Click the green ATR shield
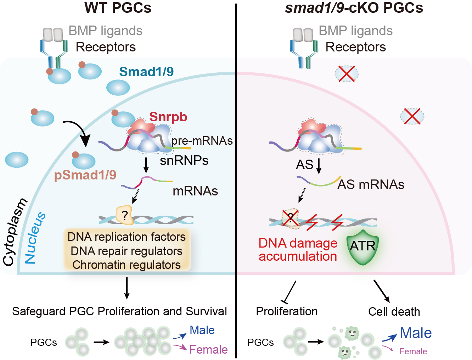click(362, 247)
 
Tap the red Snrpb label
click(168, 117)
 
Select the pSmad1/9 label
click(85, 175)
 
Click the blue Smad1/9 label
click(146, 72)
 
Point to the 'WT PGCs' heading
click(118, 8)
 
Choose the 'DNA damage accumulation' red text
click(298, 249)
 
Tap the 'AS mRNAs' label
click(371, 184)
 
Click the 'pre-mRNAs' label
click(202, 141)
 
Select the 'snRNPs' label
click(184, 161)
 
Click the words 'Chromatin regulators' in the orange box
click(127, 265)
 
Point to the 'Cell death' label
click(394, 311)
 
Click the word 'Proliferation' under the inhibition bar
click(287, 311)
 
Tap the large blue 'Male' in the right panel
click(416, 333)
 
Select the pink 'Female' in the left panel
click(208, 350)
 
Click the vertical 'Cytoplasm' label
click(15, 232)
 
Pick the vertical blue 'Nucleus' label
click(35, 238)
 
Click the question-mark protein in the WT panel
click(124, 215)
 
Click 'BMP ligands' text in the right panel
click(355, 31)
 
